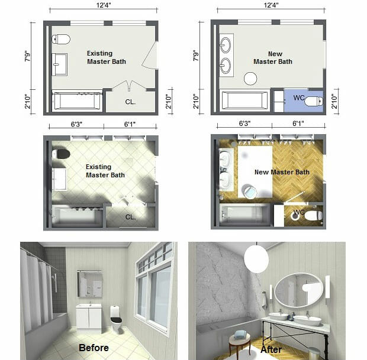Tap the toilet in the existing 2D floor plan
coord(61,40)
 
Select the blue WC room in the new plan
coord(303,99)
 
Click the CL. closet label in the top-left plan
coord(130,102)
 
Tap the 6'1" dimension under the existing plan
coord(131,124)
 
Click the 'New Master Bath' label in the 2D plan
coord(273,57)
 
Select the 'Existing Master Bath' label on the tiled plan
coord(107,171)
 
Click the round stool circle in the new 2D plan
coord(250,79)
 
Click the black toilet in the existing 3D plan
coord(61,154)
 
